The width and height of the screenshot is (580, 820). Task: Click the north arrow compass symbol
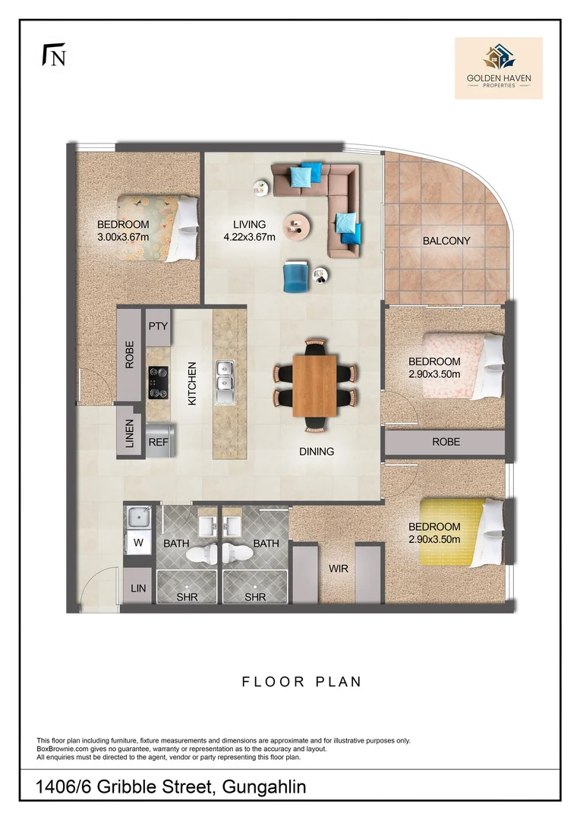click(54, 55)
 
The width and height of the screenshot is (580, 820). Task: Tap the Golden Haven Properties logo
click(499, 68)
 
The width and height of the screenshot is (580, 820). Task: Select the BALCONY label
click(446, 241)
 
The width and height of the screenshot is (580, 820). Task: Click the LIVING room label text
click(250, 224)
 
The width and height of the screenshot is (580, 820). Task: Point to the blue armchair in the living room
click(297, 276)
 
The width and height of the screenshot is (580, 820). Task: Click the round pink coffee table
click(297, 227)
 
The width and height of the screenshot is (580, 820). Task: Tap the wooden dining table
click(314, 386)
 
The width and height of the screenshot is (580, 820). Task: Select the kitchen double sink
click(225, 383)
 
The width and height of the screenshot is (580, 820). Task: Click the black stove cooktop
click(158, 383)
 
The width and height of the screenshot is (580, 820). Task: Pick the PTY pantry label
click(158, 326)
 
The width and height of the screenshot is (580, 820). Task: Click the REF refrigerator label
click(159, 442)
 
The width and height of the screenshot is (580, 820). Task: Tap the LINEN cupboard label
click(130, 434)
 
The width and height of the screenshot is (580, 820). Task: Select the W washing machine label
click(138, 543)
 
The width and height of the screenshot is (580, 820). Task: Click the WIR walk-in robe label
click(339, 569)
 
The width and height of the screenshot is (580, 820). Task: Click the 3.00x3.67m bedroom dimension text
click(124, 237)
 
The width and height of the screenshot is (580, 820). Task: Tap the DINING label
click(317, 451)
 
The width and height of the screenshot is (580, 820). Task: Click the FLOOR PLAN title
click(302, 682)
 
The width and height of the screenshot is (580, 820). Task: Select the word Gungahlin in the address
click(264, 787)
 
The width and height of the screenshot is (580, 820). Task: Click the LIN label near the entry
click(138, 588)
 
